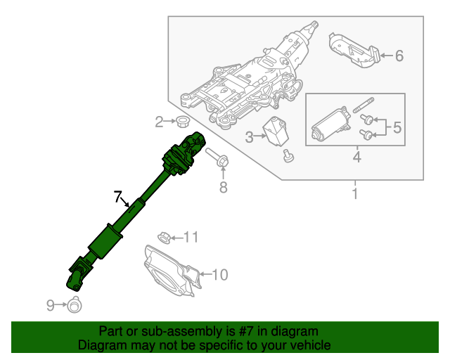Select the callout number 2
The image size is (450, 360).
pos(160,122)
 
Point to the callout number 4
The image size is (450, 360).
pos(356,157)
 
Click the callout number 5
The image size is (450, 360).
pos(397,127)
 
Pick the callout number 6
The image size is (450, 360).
pos(399,56)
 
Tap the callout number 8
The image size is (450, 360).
pos(223,187)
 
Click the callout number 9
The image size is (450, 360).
pos(51,304)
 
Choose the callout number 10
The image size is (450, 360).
pos(219,274)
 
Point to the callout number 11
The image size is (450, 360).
pos(192,236)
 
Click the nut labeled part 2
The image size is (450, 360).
pos(181,122)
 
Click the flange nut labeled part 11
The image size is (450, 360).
pos(163,236)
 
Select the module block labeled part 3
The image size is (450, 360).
pos(276,131)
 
